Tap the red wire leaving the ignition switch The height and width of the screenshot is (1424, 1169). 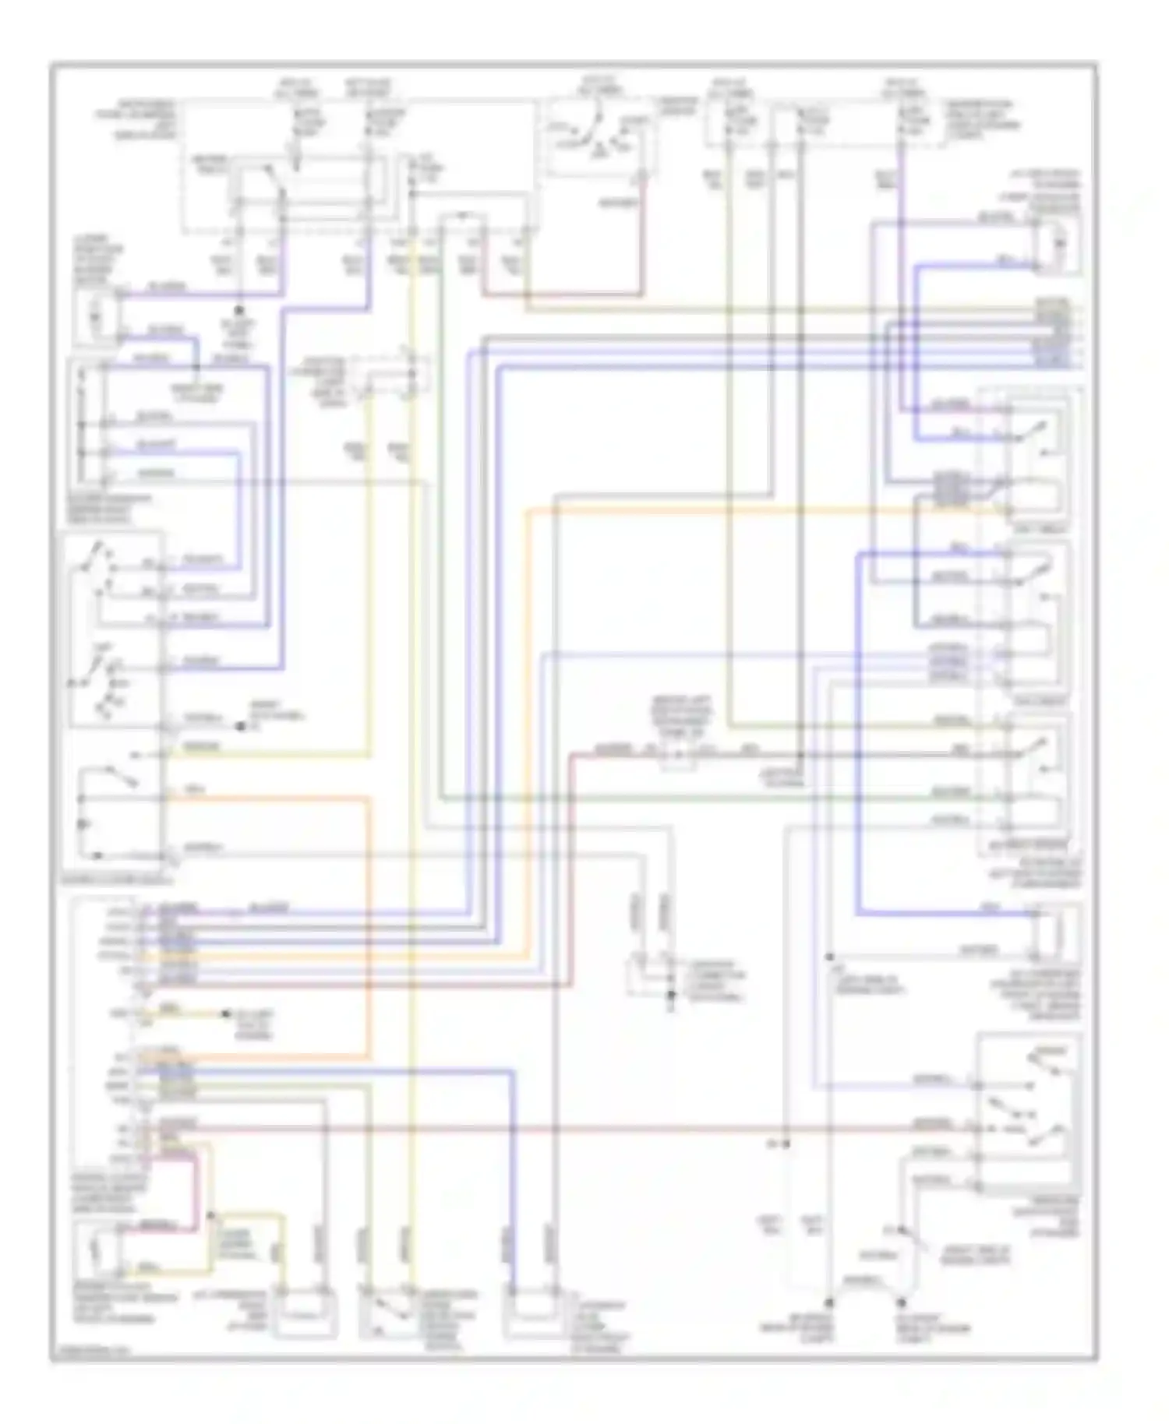[642, 241]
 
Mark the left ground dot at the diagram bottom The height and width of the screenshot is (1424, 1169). [829, 1302]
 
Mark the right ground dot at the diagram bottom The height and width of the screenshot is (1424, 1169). [902, 1302]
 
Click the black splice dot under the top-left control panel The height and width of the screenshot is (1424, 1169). [239, 310]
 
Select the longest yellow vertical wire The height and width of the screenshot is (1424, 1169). [413, 779]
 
